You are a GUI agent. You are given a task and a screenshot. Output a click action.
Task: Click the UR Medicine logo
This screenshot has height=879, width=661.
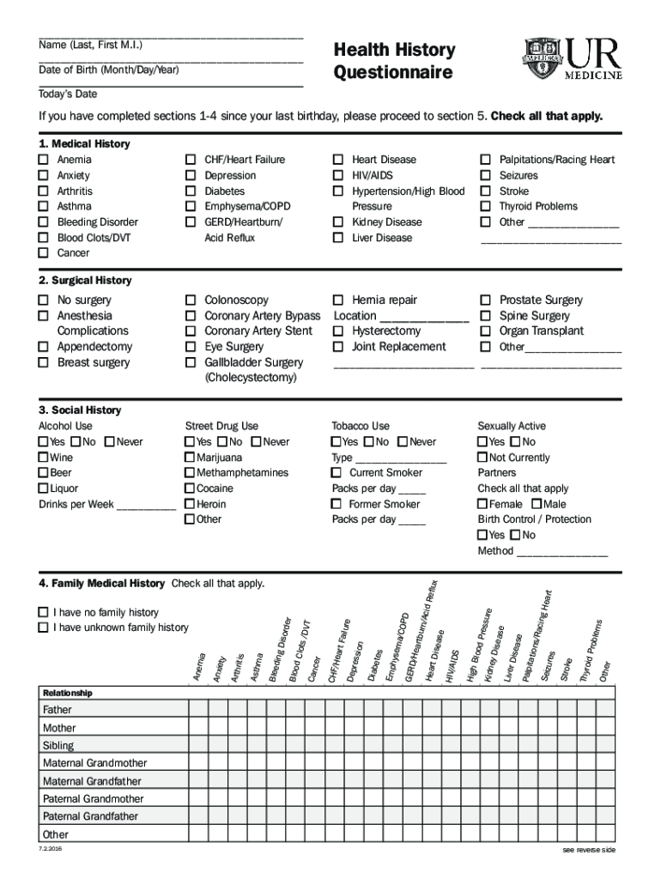tap(571, 59)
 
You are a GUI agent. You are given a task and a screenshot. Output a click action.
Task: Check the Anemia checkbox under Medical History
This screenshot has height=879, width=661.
tap(43, 160)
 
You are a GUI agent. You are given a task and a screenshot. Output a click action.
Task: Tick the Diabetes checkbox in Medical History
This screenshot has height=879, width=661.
tap(191, 191)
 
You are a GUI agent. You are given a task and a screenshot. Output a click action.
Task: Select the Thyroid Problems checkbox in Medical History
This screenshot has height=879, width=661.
tap(485, 207)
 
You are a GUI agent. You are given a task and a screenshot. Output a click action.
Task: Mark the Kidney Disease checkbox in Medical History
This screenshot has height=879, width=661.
tap(338, 222)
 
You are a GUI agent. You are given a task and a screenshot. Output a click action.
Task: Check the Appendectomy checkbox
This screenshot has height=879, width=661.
tap(43, 347)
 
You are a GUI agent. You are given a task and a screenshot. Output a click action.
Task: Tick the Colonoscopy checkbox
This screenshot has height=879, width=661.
tap(191, 300)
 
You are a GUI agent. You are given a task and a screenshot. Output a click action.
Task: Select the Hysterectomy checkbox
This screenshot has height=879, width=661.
tap(338, 331)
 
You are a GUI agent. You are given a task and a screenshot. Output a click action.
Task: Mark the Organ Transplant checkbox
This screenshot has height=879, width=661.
tap(485, 331)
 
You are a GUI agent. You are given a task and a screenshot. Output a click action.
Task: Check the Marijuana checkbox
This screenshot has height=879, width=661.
tap(190, 458)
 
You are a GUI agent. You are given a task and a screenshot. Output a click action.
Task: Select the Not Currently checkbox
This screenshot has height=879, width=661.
tap(483, 458)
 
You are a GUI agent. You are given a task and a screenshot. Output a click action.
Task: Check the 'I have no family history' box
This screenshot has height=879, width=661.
tap(43, 613)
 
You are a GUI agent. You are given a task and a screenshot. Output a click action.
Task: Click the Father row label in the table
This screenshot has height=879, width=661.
tap(58, 710)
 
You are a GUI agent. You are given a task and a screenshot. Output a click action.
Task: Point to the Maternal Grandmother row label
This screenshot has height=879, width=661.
tap(94, 763)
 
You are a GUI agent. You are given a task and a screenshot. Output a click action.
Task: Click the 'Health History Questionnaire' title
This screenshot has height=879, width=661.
tap(394, 61)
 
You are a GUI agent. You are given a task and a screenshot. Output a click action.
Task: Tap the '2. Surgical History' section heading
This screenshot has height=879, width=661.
tap(85, 281)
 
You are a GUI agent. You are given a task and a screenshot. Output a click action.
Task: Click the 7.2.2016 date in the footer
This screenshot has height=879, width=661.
tap(50, 849)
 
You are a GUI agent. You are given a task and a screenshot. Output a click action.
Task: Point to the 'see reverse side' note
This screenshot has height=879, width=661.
tap(589, 850)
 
